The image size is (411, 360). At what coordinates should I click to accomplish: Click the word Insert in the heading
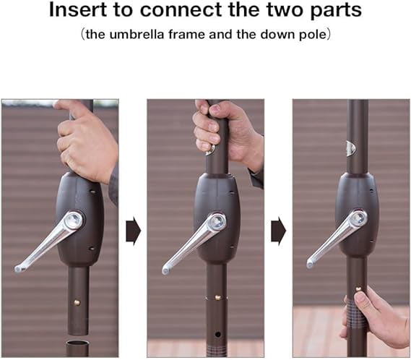tap(77, 9)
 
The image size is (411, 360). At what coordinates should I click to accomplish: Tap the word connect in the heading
tap(181, 10)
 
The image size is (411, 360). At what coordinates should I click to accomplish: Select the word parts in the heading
tap(337, 12)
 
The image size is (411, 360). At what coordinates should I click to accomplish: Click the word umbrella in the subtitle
tap(137, 35)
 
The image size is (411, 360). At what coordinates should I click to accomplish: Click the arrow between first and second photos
tap(133, 231)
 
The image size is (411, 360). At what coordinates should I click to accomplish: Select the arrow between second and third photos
tap(278, 231)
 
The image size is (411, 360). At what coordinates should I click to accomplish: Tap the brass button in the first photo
tap(77, 303)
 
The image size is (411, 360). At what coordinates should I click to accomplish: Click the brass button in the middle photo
tap(217, 298)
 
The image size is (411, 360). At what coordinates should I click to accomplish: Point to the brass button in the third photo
tap(358, 289)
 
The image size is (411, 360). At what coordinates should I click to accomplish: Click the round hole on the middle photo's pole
tap(217, 335)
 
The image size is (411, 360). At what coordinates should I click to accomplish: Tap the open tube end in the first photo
tap(79, 343)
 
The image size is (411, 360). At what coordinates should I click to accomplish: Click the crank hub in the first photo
tap(74, 220)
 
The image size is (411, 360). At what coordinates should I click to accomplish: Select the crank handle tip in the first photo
tap(18, 269)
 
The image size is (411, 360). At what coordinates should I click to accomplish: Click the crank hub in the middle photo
tap(217, 223)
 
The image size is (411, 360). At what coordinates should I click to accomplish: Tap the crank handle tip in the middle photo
tap(165, 270)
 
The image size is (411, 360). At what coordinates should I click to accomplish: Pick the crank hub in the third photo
tap(358, 218)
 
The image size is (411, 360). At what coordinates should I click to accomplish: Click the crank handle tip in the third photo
tap(311, 264)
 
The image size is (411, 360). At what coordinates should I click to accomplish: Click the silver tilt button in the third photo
tap(351, 149)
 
